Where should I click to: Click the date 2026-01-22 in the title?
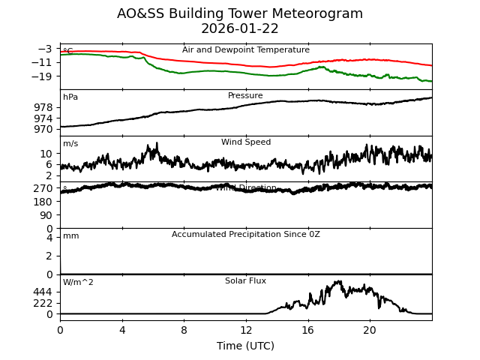pos(240,29)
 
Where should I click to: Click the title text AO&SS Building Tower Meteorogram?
pos(240,13)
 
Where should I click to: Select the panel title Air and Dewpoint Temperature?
pos(246,50)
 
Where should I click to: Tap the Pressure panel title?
pos(245,96)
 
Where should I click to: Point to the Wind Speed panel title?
pos(246,142)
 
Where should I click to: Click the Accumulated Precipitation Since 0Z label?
pos(246,235)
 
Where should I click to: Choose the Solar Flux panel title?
pos(245,281)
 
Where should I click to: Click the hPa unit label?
pos(70,97)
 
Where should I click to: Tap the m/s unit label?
pos(70,144)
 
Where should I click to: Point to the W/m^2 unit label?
pos(78,283)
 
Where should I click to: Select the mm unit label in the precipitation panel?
pos(71,236)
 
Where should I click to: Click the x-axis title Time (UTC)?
pos(246,346)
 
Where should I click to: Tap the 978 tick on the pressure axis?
pos(43,107)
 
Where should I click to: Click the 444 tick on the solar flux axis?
pos(43,292)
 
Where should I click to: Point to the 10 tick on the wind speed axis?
pos(46,153)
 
